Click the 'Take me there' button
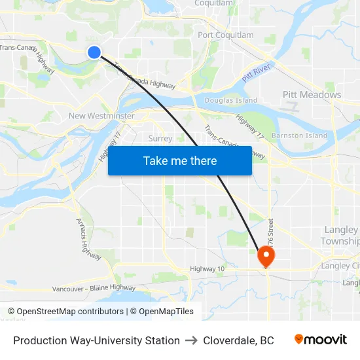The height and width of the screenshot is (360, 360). click(180, 160)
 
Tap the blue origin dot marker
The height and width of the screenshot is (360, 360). click(94, 52)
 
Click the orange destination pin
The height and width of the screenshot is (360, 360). click(266, 255)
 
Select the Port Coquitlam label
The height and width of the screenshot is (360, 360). click(226, 35)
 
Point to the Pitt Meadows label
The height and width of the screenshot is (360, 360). click(312, 95)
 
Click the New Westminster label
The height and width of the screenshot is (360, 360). click(101, 116)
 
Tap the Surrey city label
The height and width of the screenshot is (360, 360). click(160, 139)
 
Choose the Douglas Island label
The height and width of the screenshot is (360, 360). click(230, 101)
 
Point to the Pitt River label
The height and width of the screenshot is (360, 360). click(257, 73)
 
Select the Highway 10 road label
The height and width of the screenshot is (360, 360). click(207, 268)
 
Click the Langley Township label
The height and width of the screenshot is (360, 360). click(340, 236)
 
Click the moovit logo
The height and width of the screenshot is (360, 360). click(321, 340)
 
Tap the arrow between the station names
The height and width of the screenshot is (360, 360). click(191, 340)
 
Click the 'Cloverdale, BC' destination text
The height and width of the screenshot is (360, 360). click(238, 340)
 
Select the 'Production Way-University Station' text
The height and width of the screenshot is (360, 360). click(96, 340)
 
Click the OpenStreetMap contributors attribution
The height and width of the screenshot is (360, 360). click(66, 312)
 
